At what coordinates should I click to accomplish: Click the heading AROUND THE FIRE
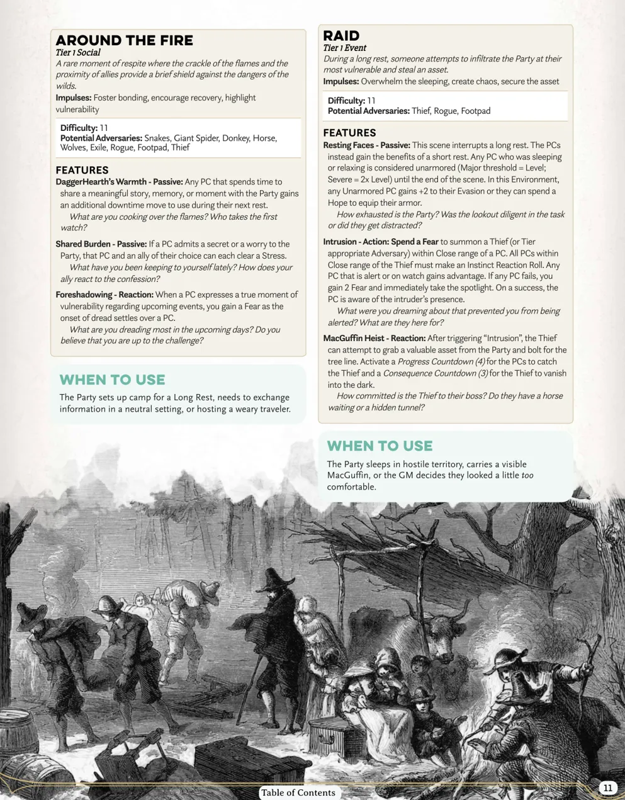pyautogui.click(x=124, y=40)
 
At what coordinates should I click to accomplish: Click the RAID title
pyautogui.click(x=341, y=35)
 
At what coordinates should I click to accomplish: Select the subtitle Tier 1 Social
pyautogui.click(x=77, y=53)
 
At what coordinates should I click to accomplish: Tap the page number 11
pyautogui.click(x=607, y=787)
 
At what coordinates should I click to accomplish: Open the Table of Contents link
pyautogui.click(x=298, y=792)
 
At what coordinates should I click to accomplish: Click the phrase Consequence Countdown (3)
pyautogui.click(x=435, y=373)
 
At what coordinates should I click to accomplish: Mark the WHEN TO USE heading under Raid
pyautogui.click(x=380, y=446)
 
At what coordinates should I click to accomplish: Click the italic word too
pyautogui.click(x=527, y=476)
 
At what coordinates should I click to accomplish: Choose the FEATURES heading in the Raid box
pyautogui.click(x=349, y=133)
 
